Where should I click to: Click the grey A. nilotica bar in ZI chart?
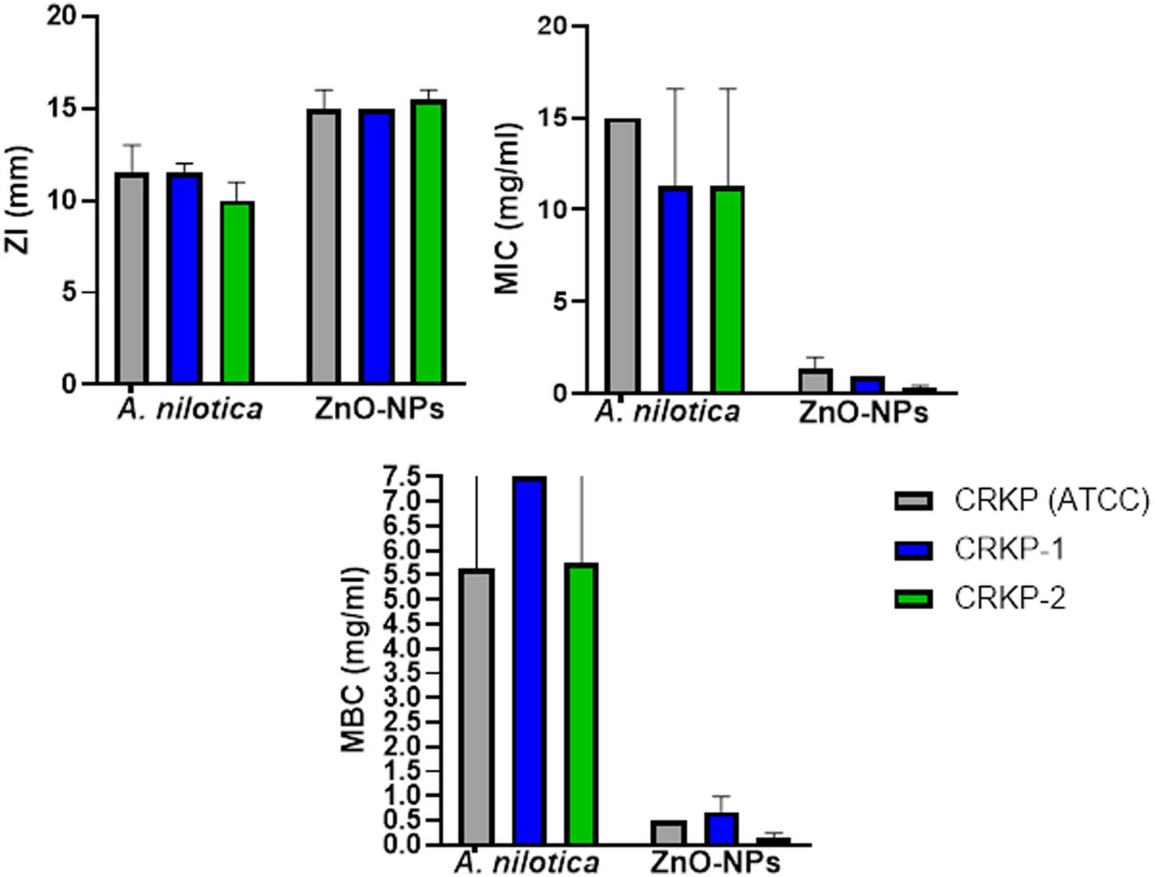131,277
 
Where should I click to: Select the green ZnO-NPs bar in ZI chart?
428,241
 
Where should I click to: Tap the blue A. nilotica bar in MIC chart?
675,289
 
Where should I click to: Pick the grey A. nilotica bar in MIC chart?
622,256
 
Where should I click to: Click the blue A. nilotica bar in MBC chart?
530,660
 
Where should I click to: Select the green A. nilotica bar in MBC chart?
581,703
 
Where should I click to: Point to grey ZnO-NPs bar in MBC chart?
668,832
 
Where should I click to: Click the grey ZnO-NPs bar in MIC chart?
815,381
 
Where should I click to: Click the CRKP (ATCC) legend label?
1051,500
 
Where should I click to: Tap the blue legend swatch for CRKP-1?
913,550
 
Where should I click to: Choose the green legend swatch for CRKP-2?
913,598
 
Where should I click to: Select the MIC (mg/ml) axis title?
507,208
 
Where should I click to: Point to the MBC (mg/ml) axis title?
353,660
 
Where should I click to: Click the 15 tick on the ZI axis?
67,109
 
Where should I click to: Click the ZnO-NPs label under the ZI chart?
379,409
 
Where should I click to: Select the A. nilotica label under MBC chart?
527,862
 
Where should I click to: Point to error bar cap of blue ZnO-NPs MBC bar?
721,796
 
